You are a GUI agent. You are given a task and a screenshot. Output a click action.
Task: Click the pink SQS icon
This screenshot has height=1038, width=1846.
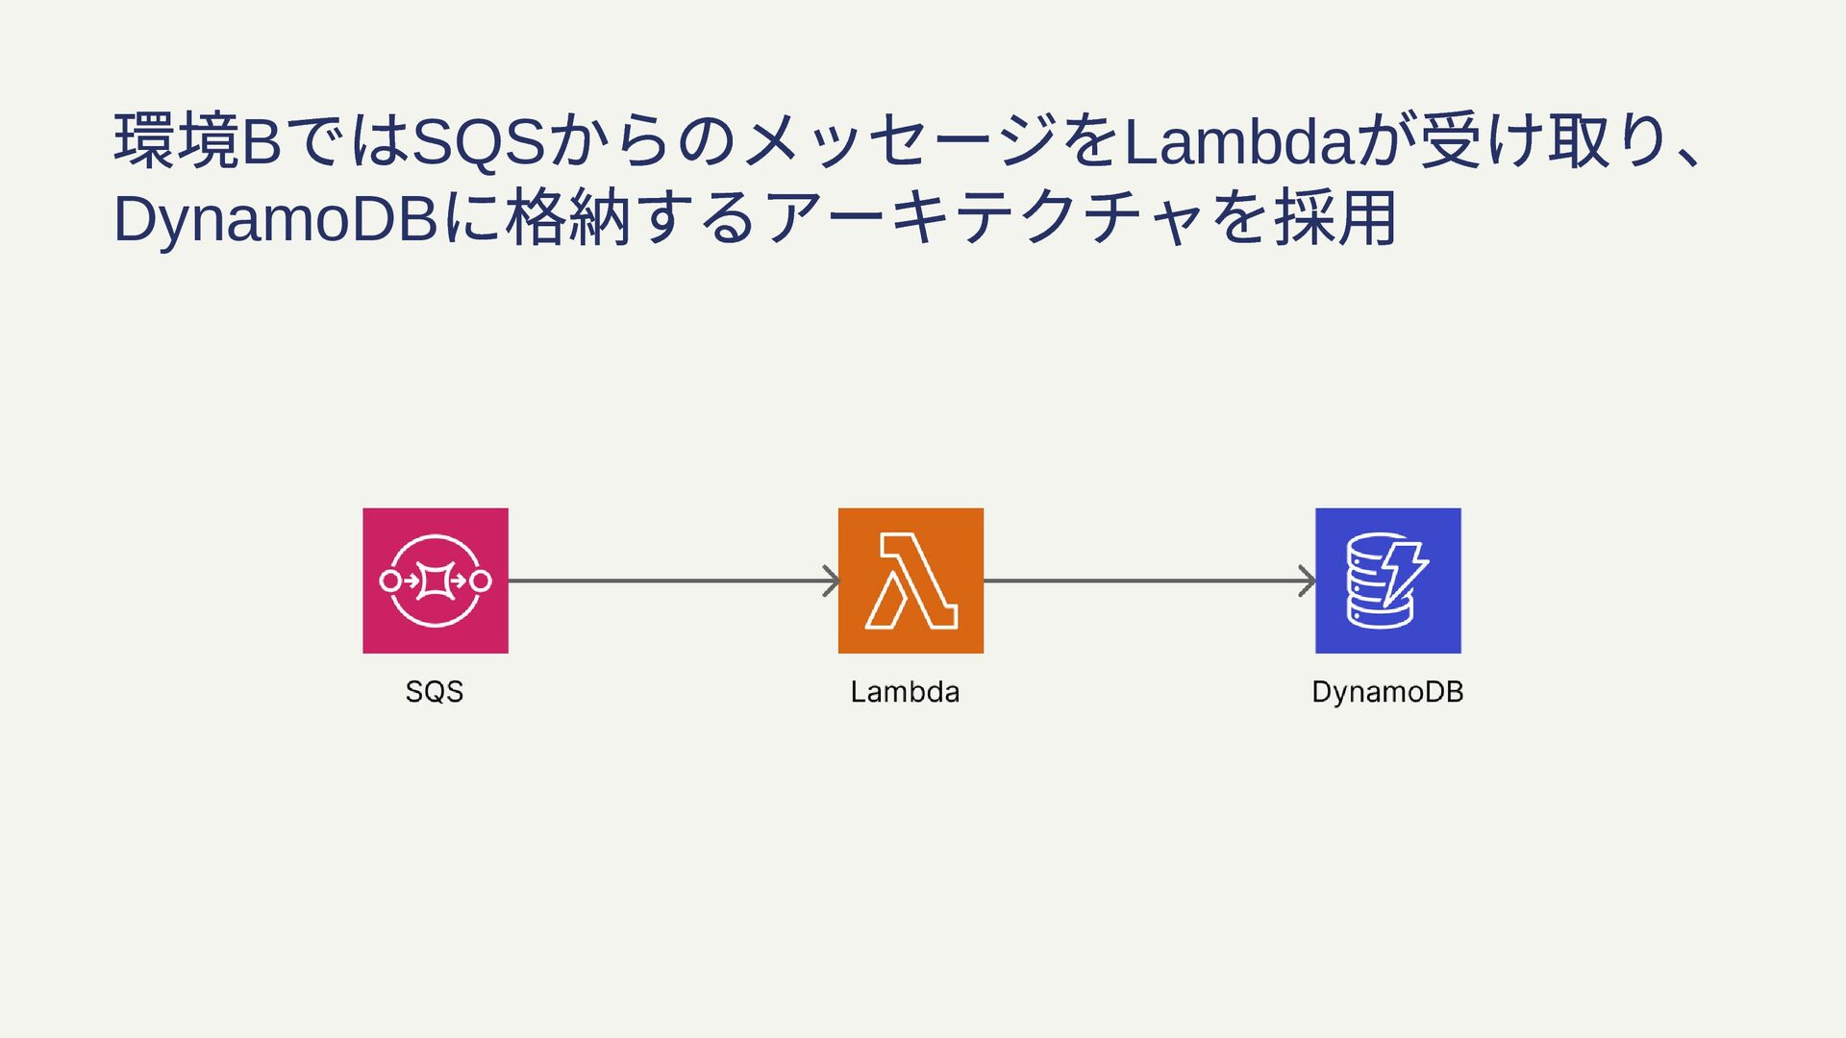[435, 581]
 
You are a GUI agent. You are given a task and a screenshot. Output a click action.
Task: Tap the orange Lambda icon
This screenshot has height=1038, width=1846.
[910, 581]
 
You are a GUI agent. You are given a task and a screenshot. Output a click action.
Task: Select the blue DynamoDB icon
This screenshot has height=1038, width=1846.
[1387, 581]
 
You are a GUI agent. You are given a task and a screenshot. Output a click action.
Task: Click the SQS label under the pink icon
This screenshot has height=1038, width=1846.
[435, 692]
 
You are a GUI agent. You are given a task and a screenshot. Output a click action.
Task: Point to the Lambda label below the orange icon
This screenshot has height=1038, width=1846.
[905, 692]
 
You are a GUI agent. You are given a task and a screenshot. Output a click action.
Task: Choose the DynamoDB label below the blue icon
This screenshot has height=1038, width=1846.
[1387, 692]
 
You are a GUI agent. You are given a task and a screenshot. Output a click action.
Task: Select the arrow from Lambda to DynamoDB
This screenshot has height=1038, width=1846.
[1144, 581]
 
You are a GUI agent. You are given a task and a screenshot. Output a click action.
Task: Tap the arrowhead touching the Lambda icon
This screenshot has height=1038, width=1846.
[832, 581]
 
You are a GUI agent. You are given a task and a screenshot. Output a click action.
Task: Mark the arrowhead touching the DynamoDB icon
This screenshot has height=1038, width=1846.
[1308, 581]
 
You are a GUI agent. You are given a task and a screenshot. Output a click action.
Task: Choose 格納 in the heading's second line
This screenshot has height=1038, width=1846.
[567, 219]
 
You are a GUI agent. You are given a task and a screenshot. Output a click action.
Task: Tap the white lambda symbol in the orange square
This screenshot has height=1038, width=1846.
[911, 581]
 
